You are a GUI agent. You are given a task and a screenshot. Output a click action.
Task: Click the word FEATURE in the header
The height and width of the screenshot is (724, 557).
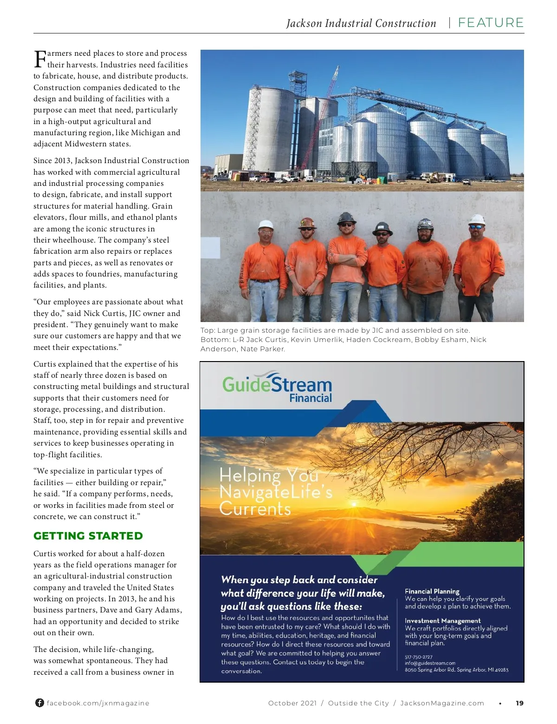491,23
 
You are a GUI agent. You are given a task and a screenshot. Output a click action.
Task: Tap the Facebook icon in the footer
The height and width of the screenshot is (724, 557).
39,703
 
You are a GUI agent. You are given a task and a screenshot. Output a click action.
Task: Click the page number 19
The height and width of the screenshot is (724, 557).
519,703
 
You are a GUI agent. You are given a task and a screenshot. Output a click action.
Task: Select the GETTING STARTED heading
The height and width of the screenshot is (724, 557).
88,536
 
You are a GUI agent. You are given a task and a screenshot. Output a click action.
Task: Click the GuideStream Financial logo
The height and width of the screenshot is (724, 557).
277,387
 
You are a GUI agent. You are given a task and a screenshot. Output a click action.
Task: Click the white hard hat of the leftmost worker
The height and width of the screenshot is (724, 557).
266,224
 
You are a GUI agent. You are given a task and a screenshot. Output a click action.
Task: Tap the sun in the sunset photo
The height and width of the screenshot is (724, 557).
354,503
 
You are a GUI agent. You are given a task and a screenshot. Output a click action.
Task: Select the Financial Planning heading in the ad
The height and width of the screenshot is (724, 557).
432,591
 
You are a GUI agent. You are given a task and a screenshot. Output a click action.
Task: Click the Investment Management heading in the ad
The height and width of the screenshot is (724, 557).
442,620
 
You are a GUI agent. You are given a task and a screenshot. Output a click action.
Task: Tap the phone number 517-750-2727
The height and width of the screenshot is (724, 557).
418,657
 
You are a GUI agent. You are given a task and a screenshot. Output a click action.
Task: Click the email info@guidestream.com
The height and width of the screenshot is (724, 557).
430,663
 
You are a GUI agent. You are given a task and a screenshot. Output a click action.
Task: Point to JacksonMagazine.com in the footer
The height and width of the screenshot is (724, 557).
442,703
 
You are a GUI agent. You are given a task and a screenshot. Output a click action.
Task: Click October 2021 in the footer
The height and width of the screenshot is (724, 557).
292,703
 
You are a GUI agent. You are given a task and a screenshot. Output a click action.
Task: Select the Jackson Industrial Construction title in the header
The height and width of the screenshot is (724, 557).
361,23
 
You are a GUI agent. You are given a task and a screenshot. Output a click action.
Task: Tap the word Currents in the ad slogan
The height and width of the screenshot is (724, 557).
255,509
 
